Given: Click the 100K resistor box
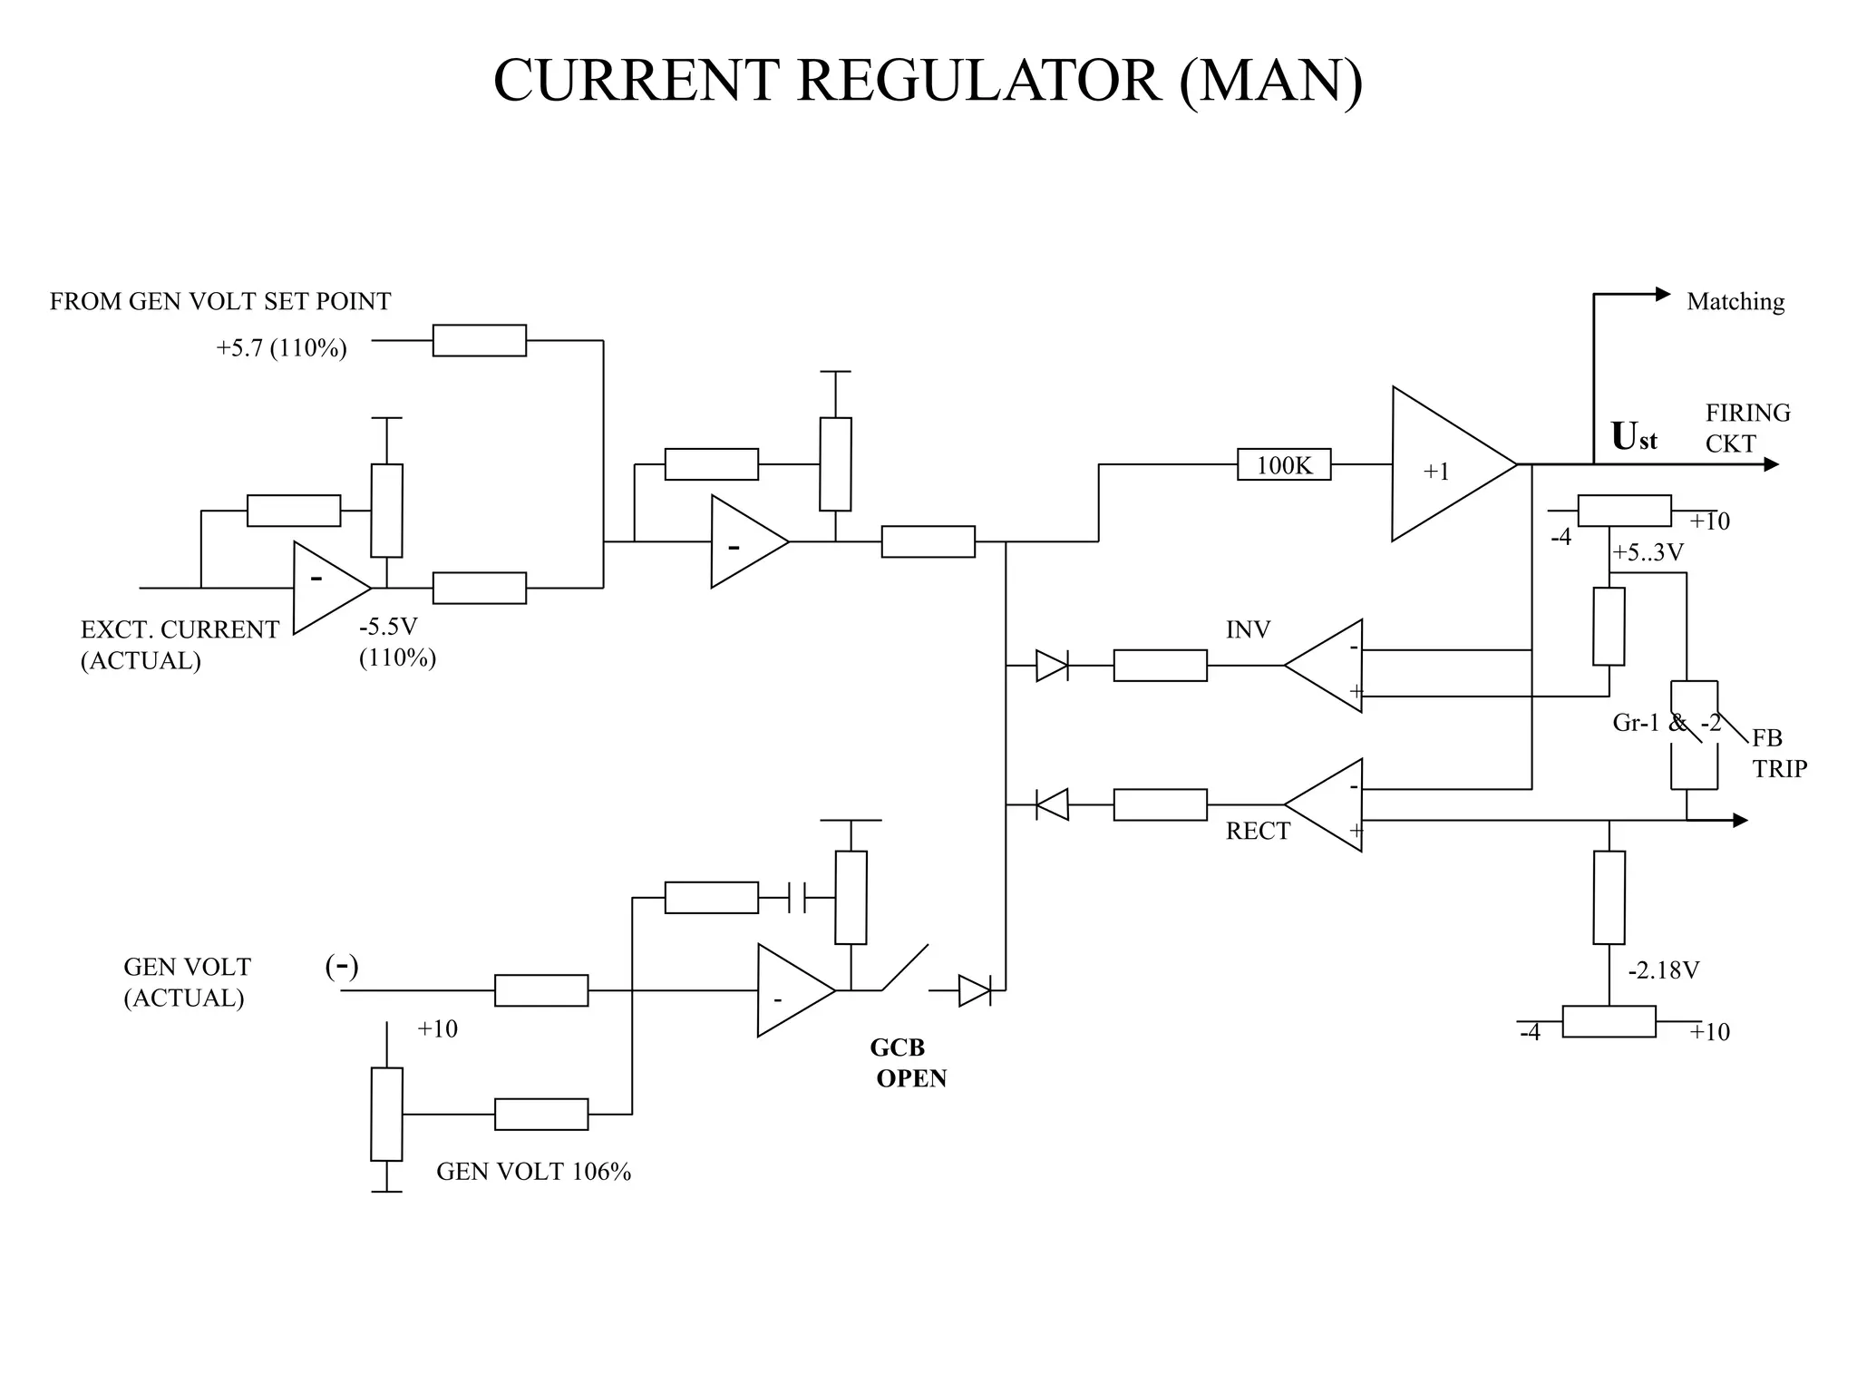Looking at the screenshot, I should (1284, 464).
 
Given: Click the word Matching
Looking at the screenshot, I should (1735, 301).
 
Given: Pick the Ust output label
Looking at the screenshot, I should (1633, 437).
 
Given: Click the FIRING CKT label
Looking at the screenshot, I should (1746, 428).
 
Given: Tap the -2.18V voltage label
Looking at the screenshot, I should (1663, 970).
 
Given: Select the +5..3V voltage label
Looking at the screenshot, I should (1648, 552).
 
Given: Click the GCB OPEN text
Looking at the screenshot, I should (907, 1063).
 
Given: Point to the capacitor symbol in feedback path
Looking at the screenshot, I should (798, 898).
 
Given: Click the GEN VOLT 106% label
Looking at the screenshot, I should (533, 1172).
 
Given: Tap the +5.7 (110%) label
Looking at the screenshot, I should (281, 348).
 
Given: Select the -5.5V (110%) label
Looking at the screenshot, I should (397, 642).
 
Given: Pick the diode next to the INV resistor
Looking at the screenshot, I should (1052, 666).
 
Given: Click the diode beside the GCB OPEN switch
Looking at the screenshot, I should (974, 990).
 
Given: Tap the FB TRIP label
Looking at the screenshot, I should (1778, 754).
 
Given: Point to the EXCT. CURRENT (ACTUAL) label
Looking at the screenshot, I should (179, 645).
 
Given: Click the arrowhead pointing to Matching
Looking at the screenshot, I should (1662, 294).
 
